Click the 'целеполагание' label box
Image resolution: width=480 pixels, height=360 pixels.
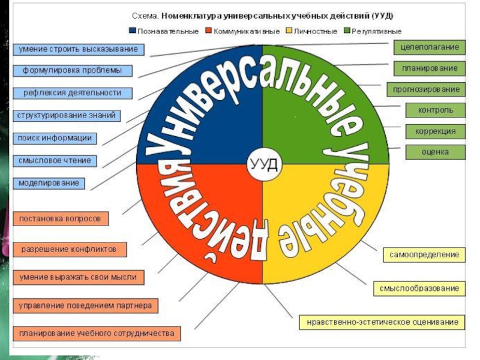point(430,47)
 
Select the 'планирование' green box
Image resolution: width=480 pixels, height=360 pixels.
point(430,68)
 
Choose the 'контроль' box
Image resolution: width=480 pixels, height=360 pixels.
point(436,110)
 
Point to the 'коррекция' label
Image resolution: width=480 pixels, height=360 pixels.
point(436,131)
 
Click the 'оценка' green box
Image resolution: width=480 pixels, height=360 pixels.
point(436,152)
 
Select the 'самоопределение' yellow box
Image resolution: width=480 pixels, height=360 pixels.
point(424,254)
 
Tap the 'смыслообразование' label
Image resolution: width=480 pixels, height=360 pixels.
point(419,289)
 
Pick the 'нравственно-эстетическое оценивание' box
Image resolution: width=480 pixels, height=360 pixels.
point(382,322)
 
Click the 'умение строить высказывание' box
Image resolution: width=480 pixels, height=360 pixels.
point(78,49)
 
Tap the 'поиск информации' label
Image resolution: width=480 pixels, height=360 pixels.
point(55,138)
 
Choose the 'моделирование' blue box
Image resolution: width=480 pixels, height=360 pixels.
point(49,182)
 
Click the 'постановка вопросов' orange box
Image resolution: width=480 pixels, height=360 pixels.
point(60,218)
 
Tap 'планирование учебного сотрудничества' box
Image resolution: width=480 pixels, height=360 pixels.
point(96,332)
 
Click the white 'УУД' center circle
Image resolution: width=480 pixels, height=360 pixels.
point(263,163)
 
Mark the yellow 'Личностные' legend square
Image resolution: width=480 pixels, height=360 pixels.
point(289,31)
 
